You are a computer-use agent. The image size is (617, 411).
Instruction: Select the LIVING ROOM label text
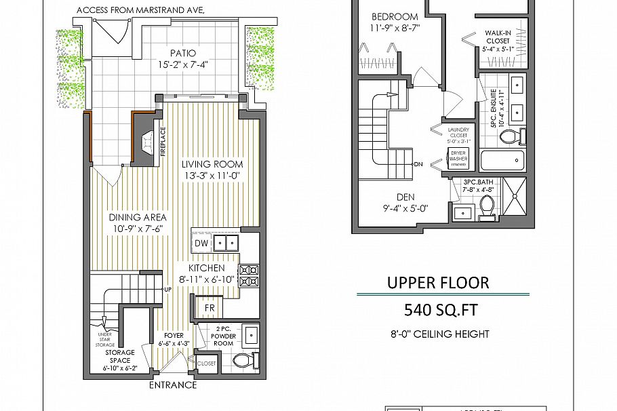pos(212,164)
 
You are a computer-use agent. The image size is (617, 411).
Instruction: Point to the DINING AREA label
pos(138,217)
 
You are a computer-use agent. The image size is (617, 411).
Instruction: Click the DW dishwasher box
pos(201,243)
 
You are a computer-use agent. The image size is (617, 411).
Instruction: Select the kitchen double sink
pos(226,243)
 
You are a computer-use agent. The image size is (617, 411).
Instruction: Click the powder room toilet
pos(244,359)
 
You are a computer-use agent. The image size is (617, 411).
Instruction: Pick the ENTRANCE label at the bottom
pos(172,385)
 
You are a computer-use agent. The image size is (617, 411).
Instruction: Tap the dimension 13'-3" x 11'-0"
pos(212,176)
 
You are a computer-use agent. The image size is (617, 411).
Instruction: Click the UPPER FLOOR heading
pos(437,282)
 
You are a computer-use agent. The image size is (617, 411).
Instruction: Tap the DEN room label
pos(406,197)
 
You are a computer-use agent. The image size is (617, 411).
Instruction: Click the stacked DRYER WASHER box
pos(458,158)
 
